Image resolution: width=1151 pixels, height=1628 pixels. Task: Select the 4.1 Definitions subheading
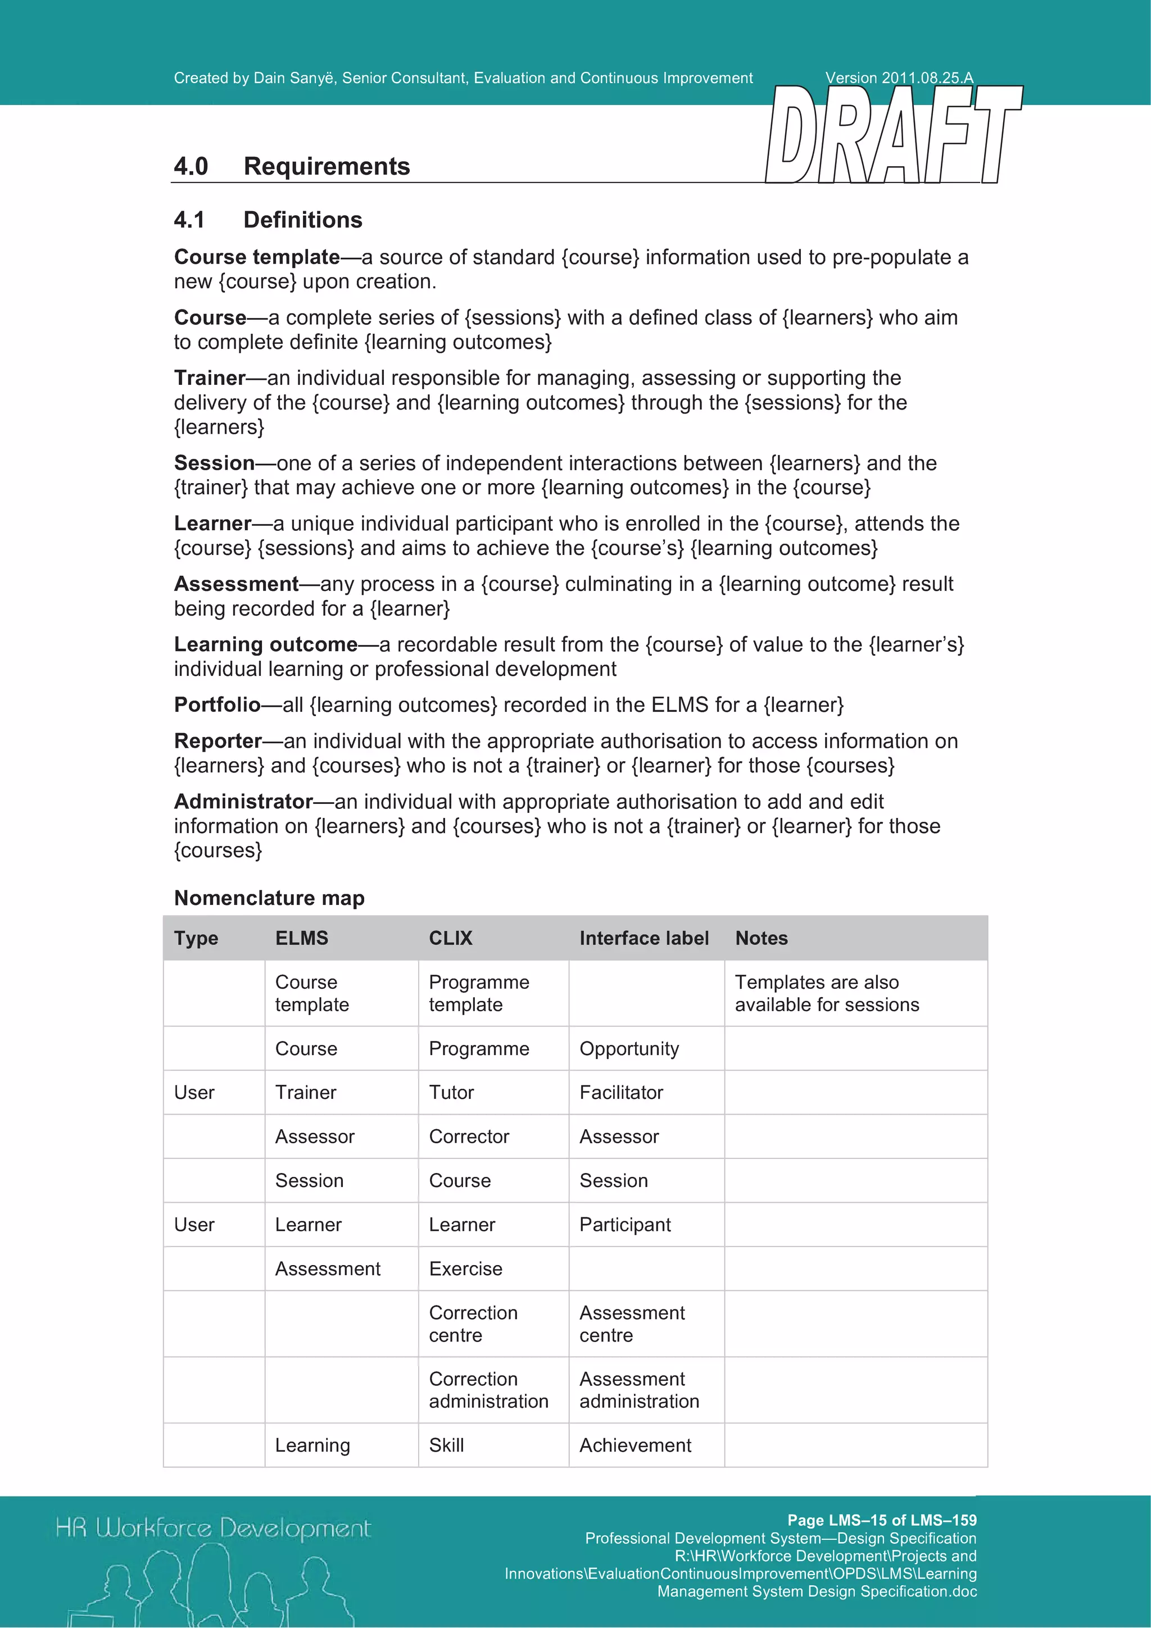click(268, 220)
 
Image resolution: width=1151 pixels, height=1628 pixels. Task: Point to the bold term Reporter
click(217, 740)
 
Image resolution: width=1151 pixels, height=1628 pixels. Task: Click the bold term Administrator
click(243, 801)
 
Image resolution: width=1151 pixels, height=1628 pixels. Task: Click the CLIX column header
click(450, 938)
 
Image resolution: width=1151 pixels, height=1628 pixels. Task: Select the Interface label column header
click(644, 938)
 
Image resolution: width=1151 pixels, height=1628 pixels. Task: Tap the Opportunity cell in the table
click(629, 1048)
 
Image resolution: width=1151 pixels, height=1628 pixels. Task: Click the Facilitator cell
click(620, 1092)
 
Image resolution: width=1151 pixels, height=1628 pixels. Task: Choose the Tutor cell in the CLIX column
click(451, 1092)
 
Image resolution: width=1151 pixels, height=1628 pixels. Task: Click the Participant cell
click(625, 1224)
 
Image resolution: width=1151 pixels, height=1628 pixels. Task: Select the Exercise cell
click(465, 1268)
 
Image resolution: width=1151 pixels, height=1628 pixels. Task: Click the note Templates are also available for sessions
click(826, 993)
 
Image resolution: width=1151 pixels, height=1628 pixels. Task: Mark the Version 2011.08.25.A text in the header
click(899, 78)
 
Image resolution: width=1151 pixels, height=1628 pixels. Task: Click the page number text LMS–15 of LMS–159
click(881, 1520)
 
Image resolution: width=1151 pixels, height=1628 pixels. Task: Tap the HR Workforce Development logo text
click(213, 1527)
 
